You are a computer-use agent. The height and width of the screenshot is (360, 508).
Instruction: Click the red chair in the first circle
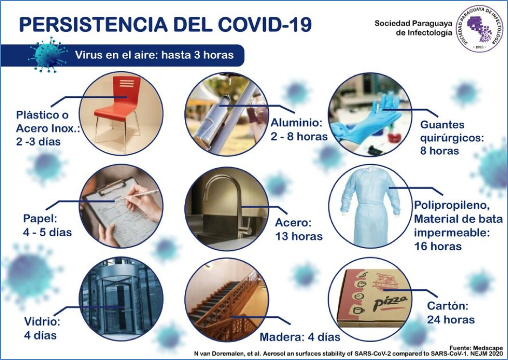pos(120,104)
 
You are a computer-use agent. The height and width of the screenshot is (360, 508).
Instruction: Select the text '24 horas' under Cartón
pos(451,320)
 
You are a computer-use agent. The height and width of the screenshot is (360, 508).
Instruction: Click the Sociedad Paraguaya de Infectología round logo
pos(479,29)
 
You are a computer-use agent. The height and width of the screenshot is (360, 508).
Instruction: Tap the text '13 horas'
pos(299,236)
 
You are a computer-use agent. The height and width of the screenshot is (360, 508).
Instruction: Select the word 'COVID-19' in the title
pos(265,25)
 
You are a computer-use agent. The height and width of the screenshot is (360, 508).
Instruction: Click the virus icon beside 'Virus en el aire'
pos(48,55)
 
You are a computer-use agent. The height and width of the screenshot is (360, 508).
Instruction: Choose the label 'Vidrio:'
pos(42,322)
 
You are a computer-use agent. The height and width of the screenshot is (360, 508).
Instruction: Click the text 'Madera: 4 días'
pos(300,337)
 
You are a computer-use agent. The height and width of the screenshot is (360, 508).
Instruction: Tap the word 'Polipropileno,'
pos(452,205)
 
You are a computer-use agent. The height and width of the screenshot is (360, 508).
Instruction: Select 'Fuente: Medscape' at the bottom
pos(476,348)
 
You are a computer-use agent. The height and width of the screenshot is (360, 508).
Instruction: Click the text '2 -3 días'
pos(38,142)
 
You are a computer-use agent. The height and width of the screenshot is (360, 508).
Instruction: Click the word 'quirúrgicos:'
pos(452,138)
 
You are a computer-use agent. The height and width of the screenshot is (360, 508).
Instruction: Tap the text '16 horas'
pos(438,246)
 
